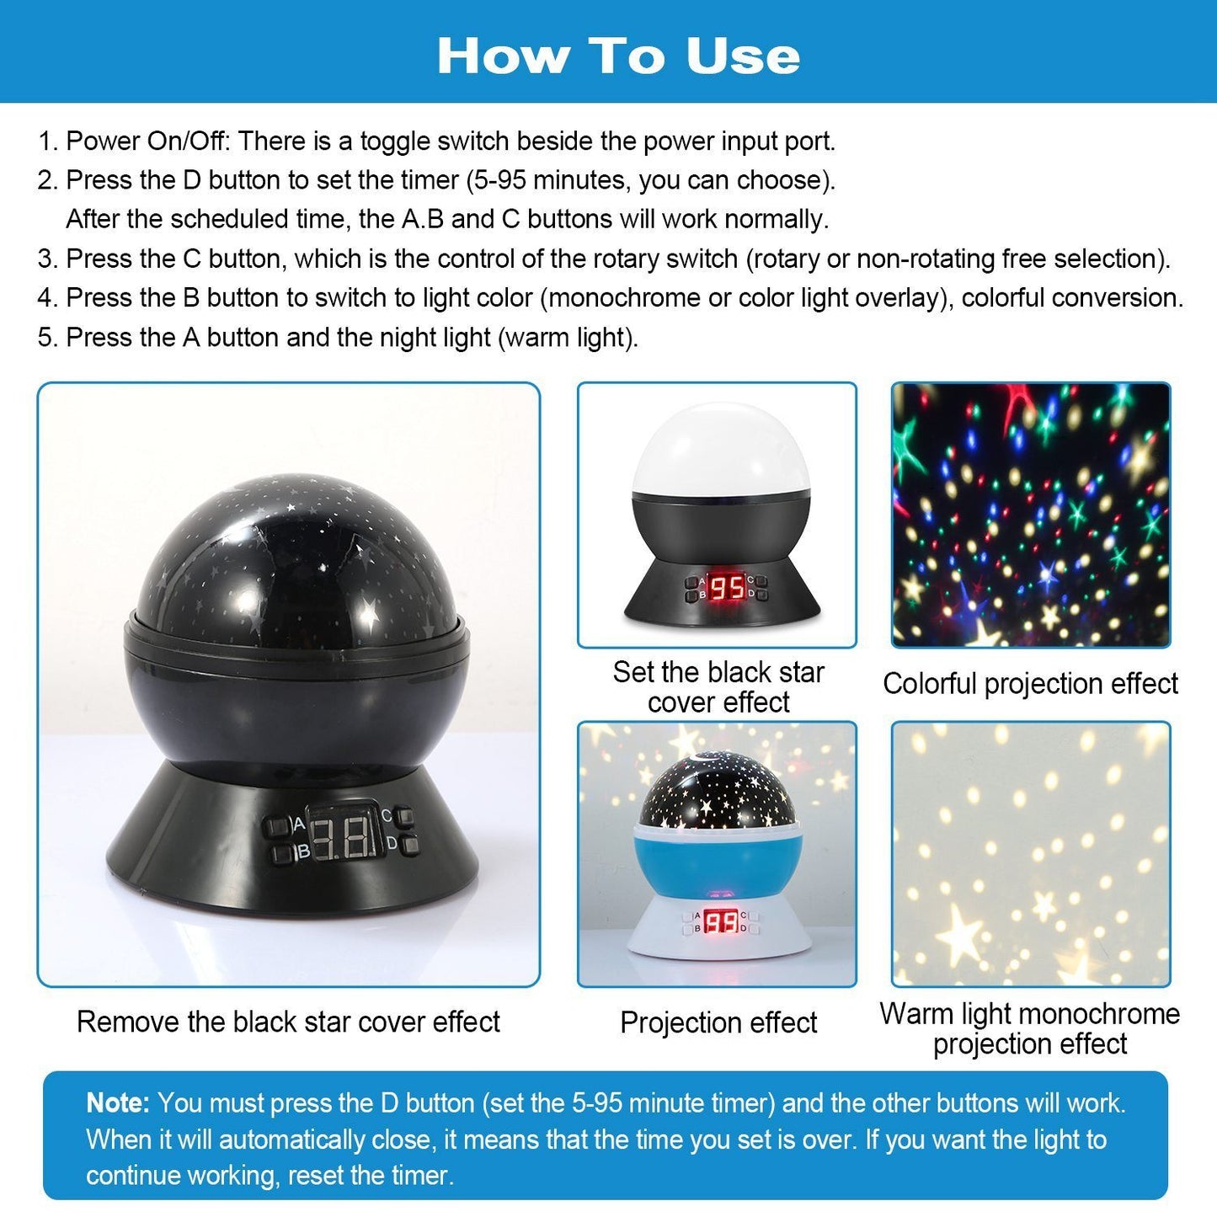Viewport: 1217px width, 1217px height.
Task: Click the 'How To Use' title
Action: coord(618,56)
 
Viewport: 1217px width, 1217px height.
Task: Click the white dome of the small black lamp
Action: coord(721,449)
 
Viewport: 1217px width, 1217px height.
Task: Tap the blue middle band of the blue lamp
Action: coord(718,861)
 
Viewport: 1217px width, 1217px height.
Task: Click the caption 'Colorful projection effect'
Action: coord(1030,683)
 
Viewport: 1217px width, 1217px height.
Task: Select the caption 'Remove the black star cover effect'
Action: coord(288,1022)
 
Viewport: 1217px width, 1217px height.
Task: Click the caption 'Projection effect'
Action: coord(718,1022)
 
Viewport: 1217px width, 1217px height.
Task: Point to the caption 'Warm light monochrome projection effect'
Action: coord(1030,1029)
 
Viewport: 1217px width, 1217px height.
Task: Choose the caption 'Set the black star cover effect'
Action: coord(718,687)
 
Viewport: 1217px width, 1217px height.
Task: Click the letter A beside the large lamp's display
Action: coord(299,824)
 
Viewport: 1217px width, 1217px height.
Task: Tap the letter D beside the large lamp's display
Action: coord(392,842)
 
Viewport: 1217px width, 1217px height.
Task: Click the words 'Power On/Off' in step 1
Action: coord(145,141)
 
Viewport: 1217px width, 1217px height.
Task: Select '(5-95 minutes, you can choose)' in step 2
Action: coord(650,180)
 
